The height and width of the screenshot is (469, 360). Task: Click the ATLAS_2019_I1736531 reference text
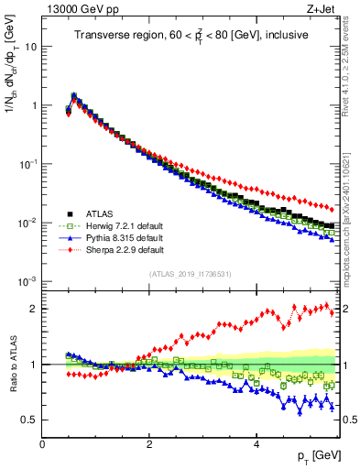coord(191,273)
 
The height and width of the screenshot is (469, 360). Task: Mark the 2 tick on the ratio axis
coord(33,309)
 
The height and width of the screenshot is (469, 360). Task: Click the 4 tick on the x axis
coord(256,444)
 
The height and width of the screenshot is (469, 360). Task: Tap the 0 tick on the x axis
coord(43,444)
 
